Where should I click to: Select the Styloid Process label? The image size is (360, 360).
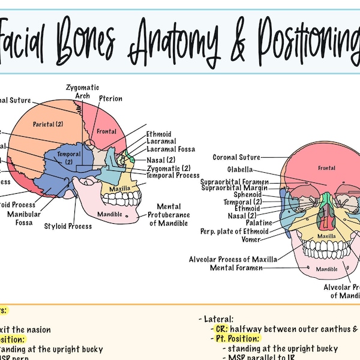[x=68, y=226]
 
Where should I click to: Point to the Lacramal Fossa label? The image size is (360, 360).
[x=170, y=149]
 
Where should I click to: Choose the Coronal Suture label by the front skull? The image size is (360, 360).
[x=236, y=157]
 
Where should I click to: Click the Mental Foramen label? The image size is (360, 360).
[x=236, y=268]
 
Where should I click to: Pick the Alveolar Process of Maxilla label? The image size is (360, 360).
[x=233, y=259]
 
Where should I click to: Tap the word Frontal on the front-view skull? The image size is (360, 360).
[x=326, y=169]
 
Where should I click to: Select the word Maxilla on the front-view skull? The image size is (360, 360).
[x=326, y=236]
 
